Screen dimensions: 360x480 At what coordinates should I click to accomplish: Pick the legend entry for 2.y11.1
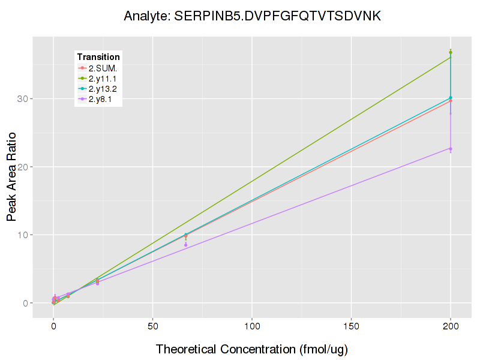[x=104, y=79]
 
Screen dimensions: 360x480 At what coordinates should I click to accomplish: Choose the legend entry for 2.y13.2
[x=104, y=89]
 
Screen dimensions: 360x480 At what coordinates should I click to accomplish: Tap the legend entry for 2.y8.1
[x=100, y=99]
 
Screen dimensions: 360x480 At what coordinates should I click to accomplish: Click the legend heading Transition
[x=98, y=57]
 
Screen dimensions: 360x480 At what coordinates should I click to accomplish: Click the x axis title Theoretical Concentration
[x=252, y=349]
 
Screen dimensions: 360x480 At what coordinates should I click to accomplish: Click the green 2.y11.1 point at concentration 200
[x=451, y=53]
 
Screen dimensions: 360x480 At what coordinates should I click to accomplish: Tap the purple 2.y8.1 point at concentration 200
[x=451, y=149]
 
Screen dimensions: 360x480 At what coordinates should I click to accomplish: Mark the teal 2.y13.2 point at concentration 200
[x=451, y=98]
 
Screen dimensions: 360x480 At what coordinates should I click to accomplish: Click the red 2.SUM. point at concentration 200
[x=451, y=101]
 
